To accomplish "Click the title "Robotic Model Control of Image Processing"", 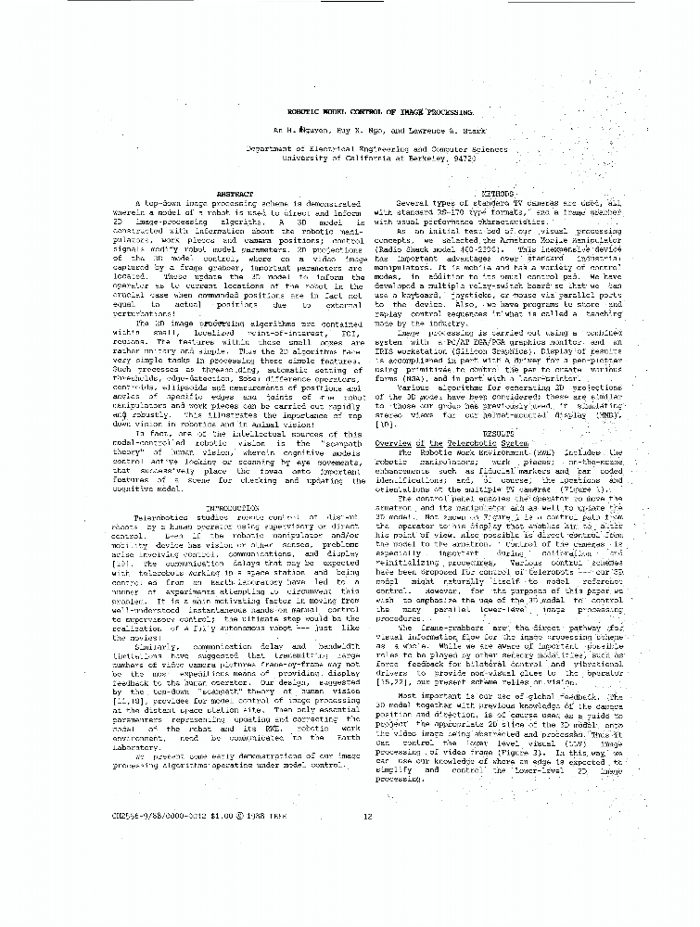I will (x=352, y=109).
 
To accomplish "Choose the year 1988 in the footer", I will (x=263, y=817).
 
